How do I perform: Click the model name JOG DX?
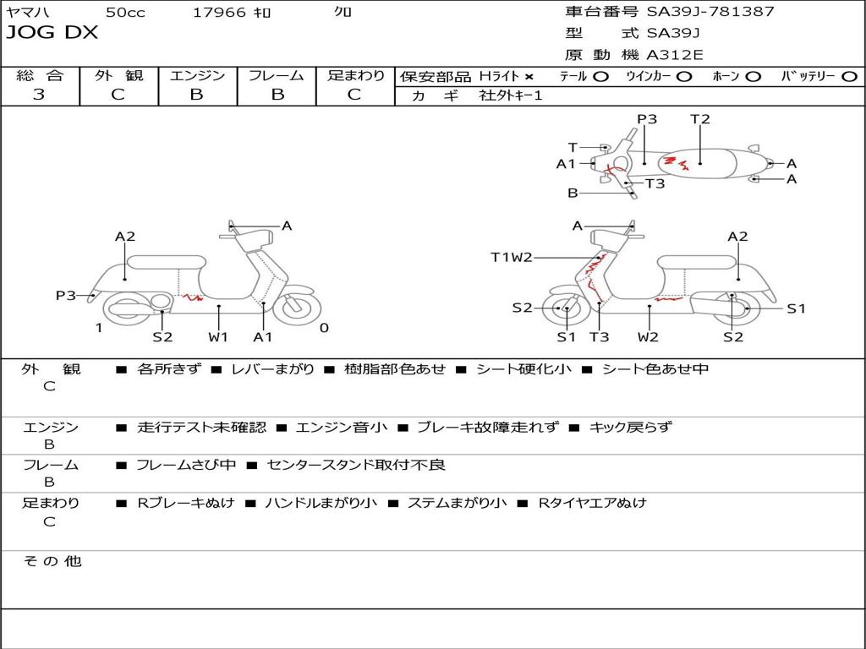coord(52,33)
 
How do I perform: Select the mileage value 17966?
coord(219,12)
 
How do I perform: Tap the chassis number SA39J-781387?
coord(710,12)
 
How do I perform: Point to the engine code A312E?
coord(675,55)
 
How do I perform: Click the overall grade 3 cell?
coord(39,95)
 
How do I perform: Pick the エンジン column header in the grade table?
coord(197,75)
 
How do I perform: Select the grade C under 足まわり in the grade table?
coord(354,95)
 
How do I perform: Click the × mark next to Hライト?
coord(529,76)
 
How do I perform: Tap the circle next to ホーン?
coord(754,76)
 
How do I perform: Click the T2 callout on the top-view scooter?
coord(700,119)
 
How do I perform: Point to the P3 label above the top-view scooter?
coord(647,119)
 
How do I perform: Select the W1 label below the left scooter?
coord(219,337)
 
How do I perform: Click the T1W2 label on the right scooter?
coord(512,257)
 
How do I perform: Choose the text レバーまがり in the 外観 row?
coord(272,369)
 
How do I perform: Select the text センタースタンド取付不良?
coord(355,465)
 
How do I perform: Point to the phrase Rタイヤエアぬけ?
coord(592,503)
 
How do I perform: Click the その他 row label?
coord(52,561)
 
